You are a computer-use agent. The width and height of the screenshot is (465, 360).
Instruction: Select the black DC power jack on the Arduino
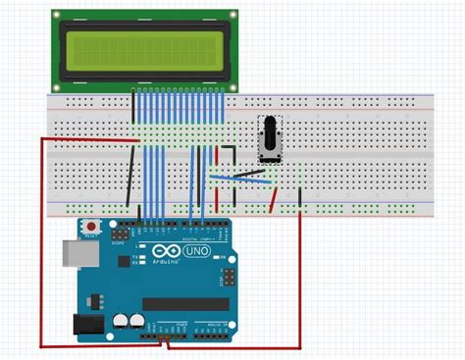coord(86,323)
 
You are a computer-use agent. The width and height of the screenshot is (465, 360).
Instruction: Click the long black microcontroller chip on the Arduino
coord(186,303)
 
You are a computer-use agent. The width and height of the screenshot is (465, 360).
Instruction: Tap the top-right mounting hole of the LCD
coord(232,16)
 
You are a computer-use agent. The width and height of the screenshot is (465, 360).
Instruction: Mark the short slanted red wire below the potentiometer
coord(274,199)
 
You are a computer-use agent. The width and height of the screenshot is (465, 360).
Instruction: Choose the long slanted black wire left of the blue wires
coord(129,176)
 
